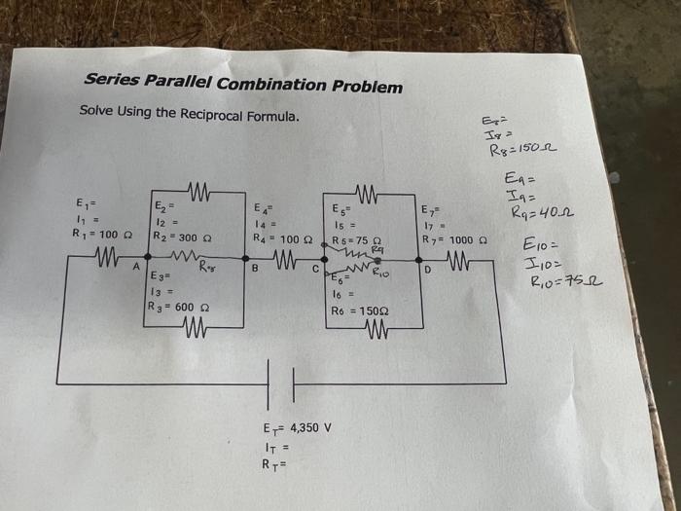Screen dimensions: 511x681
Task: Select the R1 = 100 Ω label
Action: (x=95, y=235)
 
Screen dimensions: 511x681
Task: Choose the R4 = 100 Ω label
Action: (x=282, y=237)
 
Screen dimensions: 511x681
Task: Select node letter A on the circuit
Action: (x=136, y=264)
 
